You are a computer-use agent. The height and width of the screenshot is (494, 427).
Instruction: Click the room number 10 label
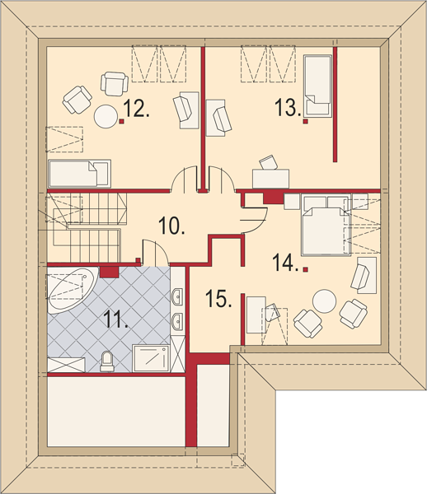tap(171, 226)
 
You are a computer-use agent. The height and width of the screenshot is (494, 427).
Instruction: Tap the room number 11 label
tap(115, 320)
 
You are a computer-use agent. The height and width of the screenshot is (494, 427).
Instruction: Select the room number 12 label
tap(136, 108)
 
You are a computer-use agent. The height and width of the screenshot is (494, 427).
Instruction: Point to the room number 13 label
tap(288, 107)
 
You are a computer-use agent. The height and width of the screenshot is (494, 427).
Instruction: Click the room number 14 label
tap(285, 263)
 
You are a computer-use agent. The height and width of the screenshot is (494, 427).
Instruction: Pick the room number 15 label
tap(218, 299)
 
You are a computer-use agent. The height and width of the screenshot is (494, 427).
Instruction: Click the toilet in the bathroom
tap(106, 361)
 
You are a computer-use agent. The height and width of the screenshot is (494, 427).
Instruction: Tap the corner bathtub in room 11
tap(72, 291)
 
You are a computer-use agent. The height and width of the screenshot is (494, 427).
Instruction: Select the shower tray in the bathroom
tap(151, 358)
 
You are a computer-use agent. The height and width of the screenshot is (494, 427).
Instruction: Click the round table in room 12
tap(106, 116)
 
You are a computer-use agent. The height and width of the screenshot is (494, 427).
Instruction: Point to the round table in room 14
tap(324, 301)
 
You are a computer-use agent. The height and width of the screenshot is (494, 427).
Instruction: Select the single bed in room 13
tap(318, 86)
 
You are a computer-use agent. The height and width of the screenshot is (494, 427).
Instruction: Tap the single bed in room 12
tap(79, 173)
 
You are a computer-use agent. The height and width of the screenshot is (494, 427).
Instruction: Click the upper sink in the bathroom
tap(176, 296)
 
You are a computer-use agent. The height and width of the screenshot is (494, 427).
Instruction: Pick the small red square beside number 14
tap(305, 269)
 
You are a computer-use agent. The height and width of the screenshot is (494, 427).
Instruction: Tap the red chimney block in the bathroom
tap(109, 272)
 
